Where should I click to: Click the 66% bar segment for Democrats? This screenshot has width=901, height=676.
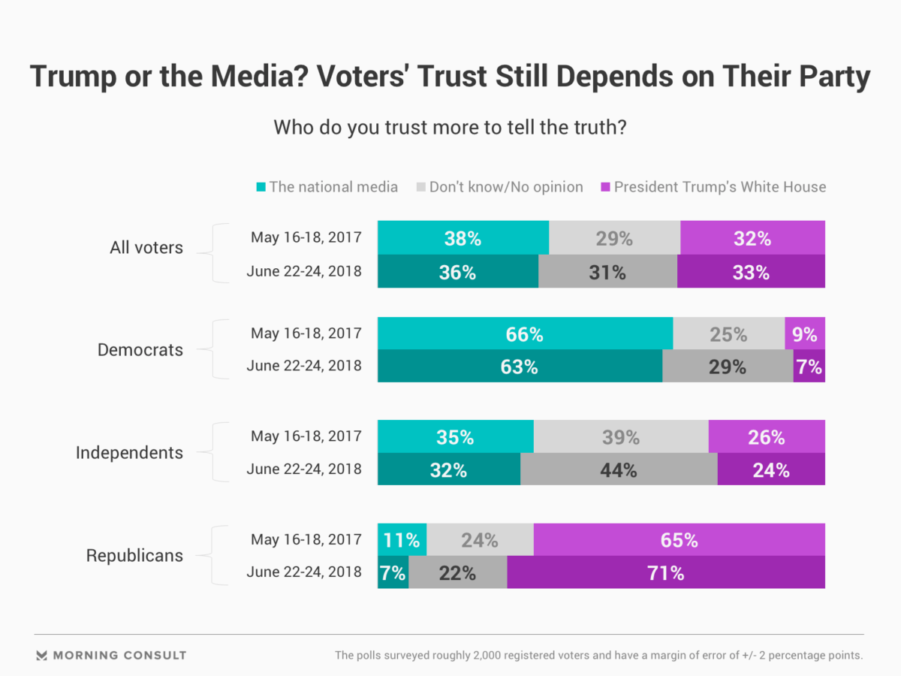coord(525,333)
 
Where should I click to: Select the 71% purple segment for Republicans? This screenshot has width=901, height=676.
coord(666,573)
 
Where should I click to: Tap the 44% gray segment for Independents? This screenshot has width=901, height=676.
coord(619,470)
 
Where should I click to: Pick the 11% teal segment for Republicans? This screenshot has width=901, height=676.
coord(402,539)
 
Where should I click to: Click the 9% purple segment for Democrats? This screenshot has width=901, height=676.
coord(804,333)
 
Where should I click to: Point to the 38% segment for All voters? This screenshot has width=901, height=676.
coord(463,238)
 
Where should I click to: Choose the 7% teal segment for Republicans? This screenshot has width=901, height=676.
coord(393,573)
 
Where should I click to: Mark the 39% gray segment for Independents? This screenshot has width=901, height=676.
coord(621,436)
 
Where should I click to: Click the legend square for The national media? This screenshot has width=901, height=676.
coord(261,187)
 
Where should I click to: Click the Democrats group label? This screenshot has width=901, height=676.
coord(140,350)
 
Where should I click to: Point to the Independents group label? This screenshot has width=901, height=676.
coord(129,453)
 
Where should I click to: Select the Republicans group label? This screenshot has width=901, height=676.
coord(134,556)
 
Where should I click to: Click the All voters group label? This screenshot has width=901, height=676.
coord(146,247)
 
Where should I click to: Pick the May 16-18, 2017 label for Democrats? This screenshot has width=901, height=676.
coord(306,333)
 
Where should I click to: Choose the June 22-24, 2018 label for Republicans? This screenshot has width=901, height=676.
coord(303,573)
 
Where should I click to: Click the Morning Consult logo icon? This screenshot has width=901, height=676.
coord(42,655)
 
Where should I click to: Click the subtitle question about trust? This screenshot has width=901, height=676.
coord(450,127)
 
